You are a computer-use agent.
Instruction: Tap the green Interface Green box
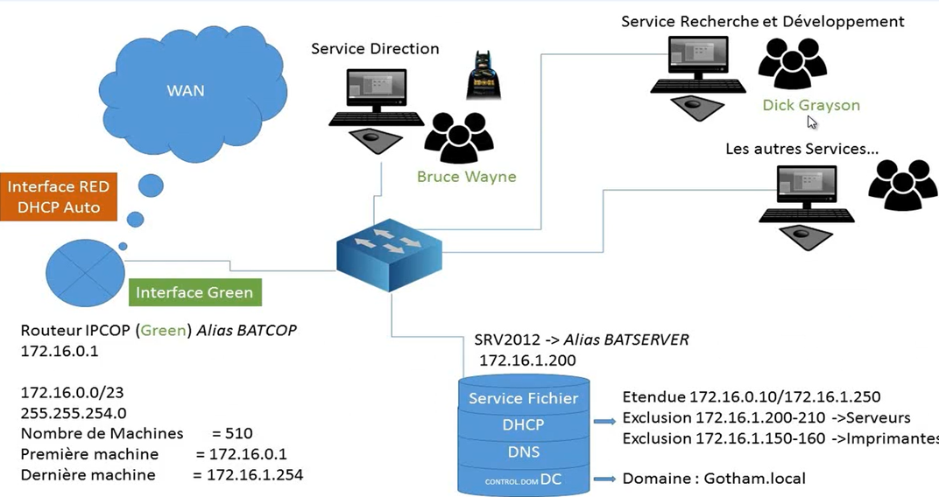(194, 292)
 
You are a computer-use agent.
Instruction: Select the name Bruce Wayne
(466, 177)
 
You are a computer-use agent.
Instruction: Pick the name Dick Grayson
(810, 105)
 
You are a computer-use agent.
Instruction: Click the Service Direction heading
(375, 48)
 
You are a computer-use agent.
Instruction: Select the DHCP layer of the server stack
(523, 424)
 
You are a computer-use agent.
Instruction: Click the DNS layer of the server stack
(523, 452)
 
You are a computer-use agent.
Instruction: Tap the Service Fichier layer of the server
(523, 398)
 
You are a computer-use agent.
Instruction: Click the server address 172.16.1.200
(527, 360)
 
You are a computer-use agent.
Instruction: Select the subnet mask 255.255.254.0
(74, 412)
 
